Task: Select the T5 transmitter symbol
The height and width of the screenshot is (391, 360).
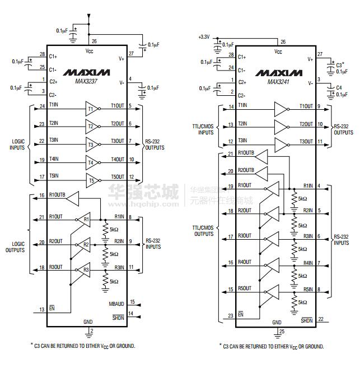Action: pos(91,181)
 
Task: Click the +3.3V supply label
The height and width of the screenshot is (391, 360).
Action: pos(204,37)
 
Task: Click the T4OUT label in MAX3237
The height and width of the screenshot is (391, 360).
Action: pos(117,160)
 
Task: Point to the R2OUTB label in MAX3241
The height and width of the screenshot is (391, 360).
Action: pos(246,170)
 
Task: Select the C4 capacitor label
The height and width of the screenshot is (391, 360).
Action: pos(339,87)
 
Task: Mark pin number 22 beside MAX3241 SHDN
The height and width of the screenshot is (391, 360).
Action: pos(321,319)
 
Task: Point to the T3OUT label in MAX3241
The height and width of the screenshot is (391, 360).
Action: pos(306,142)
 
